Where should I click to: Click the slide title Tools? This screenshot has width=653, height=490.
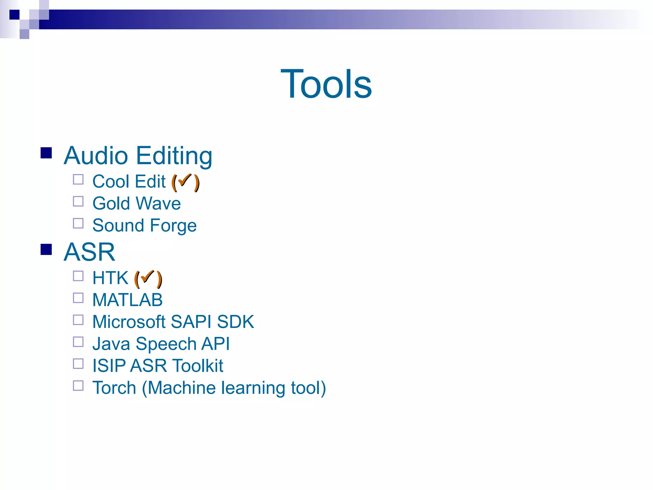[x=326, y=84]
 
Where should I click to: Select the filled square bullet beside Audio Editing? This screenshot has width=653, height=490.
[x=46, y=153]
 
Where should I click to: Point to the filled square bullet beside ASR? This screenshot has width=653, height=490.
[x=46, y=249]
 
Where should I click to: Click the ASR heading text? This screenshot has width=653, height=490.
[x=89, y=252]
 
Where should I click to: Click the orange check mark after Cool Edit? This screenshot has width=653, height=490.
[x=185, y=180]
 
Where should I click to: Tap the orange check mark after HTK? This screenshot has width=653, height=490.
[x=147, y=277]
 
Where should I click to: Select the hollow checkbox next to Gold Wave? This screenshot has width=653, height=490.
[x=78, y=202]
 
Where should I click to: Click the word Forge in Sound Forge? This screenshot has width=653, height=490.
[x=173, y=226]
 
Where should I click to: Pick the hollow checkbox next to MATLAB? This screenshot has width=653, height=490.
[x=78, y=298]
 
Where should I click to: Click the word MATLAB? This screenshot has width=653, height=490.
[x=127, y=300]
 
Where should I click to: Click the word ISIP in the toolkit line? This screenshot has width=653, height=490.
[x=109, y=366]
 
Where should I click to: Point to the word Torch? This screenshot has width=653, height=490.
[x=114, y=388]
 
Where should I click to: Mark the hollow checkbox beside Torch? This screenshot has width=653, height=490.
[x=78, y=386]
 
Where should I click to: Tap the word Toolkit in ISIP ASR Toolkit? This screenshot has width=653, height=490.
[x=198, y=366]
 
